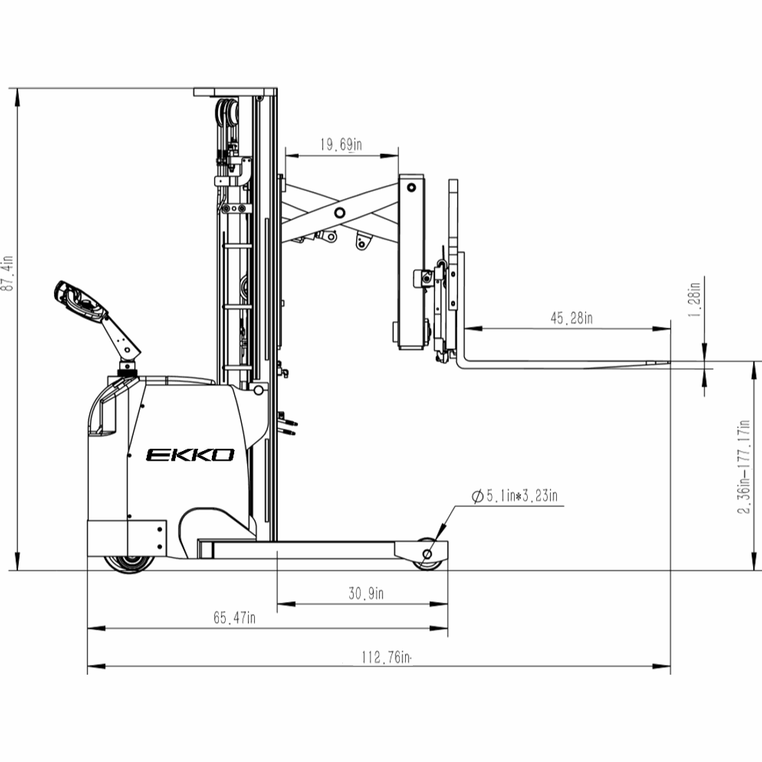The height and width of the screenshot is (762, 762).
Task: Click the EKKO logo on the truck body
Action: [190, 455]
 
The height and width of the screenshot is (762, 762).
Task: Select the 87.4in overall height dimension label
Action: [8, 273]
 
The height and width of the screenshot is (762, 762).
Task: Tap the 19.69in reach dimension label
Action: [341, 144]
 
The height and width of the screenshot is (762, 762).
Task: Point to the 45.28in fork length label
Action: [571, 319]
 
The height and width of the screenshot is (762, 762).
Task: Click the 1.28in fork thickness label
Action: [694, 299]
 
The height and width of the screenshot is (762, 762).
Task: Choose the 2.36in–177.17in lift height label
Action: [745, 466]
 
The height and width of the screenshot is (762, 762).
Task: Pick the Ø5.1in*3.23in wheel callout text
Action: [515, 496]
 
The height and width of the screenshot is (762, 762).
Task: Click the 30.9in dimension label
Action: [366, 594]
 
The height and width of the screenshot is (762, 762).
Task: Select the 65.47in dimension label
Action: [234, 618]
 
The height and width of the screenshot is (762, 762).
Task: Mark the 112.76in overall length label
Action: [387, 657]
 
